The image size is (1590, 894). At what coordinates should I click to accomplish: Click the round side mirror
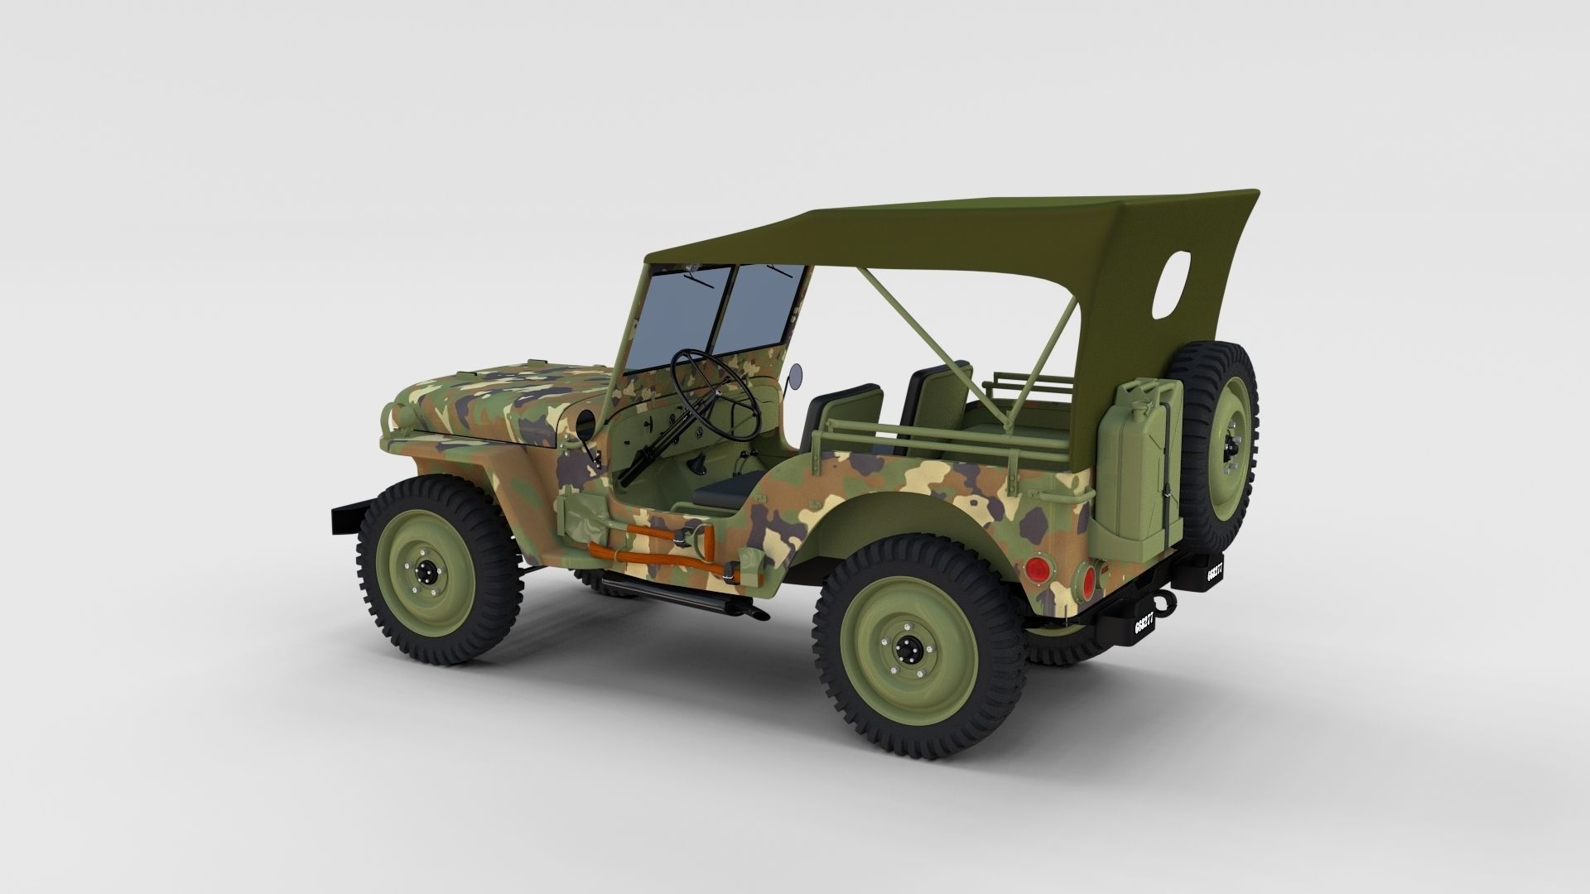coord(796,375)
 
